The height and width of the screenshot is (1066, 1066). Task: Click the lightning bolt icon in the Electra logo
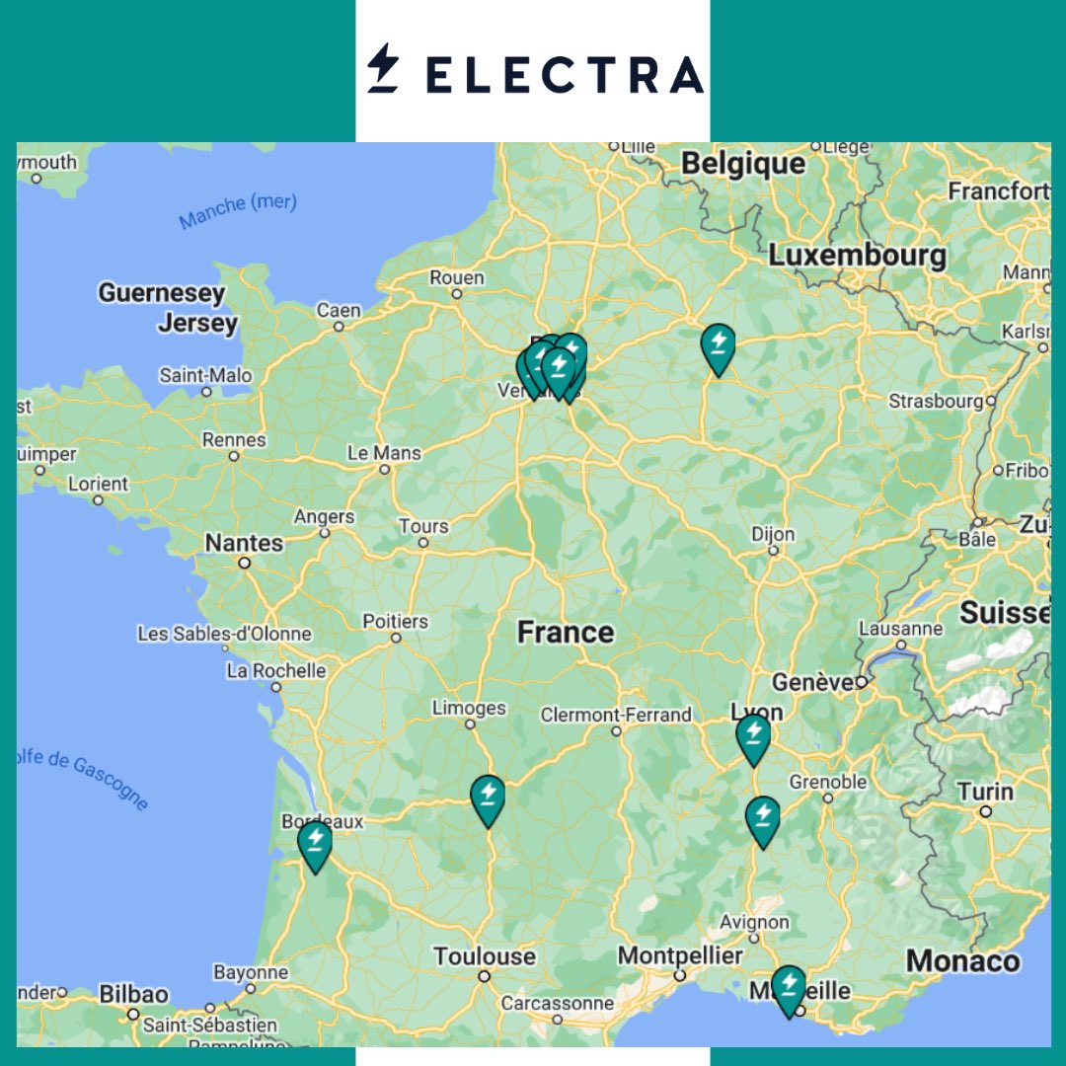(x=382, y=69)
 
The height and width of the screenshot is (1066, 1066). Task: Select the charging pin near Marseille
(x=788, y=988)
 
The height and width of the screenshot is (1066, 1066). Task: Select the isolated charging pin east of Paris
(x=718, y=346)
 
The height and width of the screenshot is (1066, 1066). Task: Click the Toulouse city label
(x=485, y=956)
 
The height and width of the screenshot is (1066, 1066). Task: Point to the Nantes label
(x=244, y=543)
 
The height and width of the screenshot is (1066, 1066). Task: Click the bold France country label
(x=566, y=633)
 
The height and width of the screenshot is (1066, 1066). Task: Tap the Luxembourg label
(x=858, y=256)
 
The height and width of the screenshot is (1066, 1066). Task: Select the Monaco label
(x=963, y=960)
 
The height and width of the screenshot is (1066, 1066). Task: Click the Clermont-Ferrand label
(x=616, y=715)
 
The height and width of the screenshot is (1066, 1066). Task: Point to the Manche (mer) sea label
(x=238, y=210)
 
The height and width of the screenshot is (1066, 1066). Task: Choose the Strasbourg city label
(x=936, y=402)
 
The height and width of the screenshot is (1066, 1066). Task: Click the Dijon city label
(x=773, y=534)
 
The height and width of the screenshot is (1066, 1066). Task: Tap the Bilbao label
(x=134, y=994)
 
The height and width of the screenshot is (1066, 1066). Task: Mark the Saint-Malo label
(x=205, y=376)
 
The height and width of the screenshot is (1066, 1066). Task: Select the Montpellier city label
(x=680, y=955)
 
